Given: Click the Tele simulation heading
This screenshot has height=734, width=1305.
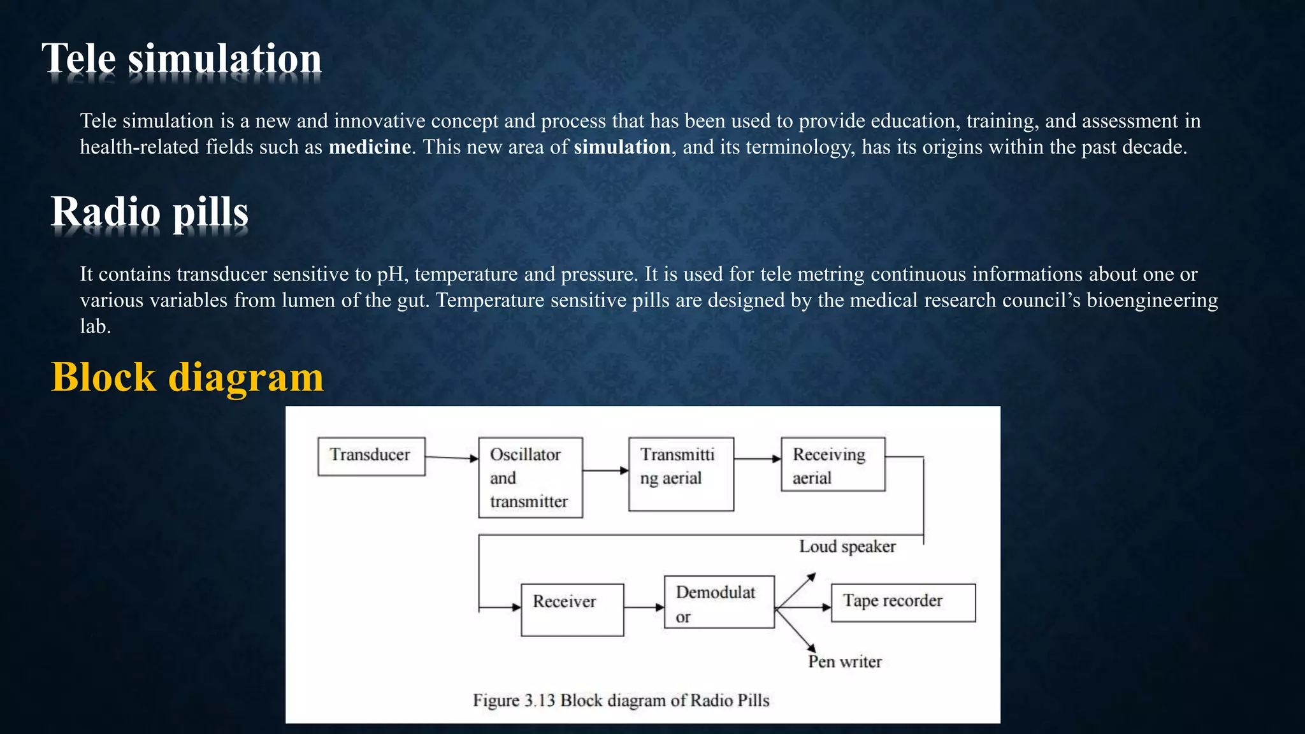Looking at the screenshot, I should [x=182, y=59].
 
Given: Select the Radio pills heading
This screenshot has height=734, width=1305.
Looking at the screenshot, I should [x=150, y=212].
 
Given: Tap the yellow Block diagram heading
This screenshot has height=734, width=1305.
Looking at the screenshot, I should [x=187, y=377].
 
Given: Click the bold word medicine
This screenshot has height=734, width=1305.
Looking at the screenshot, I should [x=370, y=147].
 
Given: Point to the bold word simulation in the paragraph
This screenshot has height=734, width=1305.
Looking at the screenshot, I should [x=622, y=147].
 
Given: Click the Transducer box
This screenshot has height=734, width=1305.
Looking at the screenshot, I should [x=371, y=456].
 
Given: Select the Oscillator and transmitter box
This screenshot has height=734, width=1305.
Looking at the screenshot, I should [x=530, y=477].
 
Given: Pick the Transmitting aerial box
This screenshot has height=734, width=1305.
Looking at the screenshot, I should [x=681, y=474].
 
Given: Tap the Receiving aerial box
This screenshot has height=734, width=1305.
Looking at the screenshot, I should [x=832, y=464].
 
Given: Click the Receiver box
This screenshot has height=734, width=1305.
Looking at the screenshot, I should [x=572, y=609].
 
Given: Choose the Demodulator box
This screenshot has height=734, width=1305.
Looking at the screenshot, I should [x=719, y=602].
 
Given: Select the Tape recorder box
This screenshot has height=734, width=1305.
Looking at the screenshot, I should [x=902, y=602].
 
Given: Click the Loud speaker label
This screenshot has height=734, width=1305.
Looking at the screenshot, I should [x=847, y=547].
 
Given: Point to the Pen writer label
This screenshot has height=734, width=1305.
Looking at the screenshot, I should [x=844, y=662].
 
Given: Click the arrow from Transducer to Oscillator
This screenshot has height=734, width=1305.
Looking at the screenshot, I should [x=451, y=457].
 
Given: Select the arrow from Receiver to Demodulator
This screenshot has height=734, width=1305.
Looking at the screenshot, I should [x=644, y=607].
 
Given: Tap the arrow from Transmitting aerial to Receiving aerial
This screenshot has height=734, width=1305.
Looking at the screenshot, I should [x=757, y=459].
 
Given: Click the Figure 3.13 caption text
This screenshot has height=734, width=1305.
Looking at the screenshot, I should [x=621, y=700].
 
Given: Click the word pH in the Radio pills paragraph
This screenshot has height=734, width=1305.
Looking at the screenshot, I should [x=392, y=275].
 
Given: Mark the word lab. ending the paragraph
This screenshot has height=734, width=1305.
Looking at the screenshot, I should [x=95, y=327].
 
